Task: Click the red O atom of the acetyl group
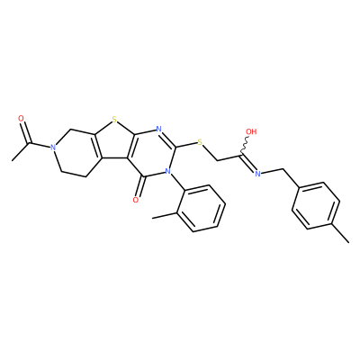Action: [22, 119]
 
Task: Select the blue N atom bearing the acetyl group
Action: [53, 148]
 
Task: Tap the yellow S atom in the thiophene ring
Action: [113, 121]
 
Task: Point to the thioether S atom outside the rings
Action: [201, 141]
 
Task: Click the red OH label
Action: [251, 131]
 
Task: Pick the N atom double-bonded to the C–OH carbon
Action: [257, 173]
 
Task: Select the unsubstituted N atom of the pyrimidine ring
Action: [159, 130]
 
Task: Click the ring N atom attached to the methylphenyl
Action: [167, 172]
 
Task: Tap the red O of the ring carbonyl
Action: [136, 200]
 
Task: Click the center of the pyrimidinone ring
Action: [152, 153]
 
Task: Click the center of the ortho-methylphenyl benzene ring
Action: [201, 208]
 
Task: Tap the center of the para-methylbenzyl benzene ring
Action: [316, 205]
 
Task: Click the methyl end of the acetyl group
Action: [13, 160]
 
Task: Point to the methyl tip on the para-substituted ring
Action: [348, 242]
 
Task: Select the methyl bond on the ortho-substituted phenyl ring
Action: [165, 215]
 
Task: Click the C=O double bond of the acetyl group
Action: [26, 132]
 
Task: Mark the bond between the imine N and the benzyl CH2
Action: [272, 171]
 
